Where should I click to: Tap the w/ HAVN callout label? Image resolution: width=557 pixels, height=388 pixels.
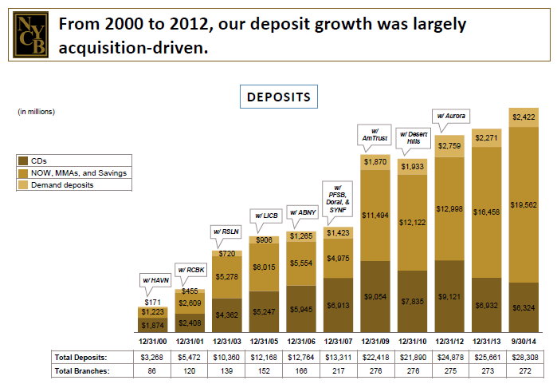pos(155,281)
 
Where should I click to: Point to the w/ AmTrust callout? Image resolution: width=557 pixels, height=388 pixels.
pos(375,137)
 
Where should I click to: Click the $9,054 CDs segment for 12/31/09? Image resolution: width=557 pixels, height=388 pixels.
pos(375,296)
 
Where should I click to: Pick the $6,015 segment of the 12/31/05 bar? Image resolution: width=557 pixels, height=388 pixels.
pos(264,268)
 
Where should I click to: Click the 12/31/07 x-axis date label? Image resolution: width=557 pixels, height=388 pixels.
pos(338,340)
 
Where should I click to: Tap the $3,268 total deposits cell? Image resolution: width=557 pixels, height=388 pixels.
pos(155,357)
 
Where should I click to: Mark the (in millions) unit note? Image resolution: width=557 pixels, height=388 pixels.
pos(37,112)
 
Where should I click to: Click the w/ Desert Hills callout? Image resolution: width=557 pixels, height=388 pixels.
pos(413,137)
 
